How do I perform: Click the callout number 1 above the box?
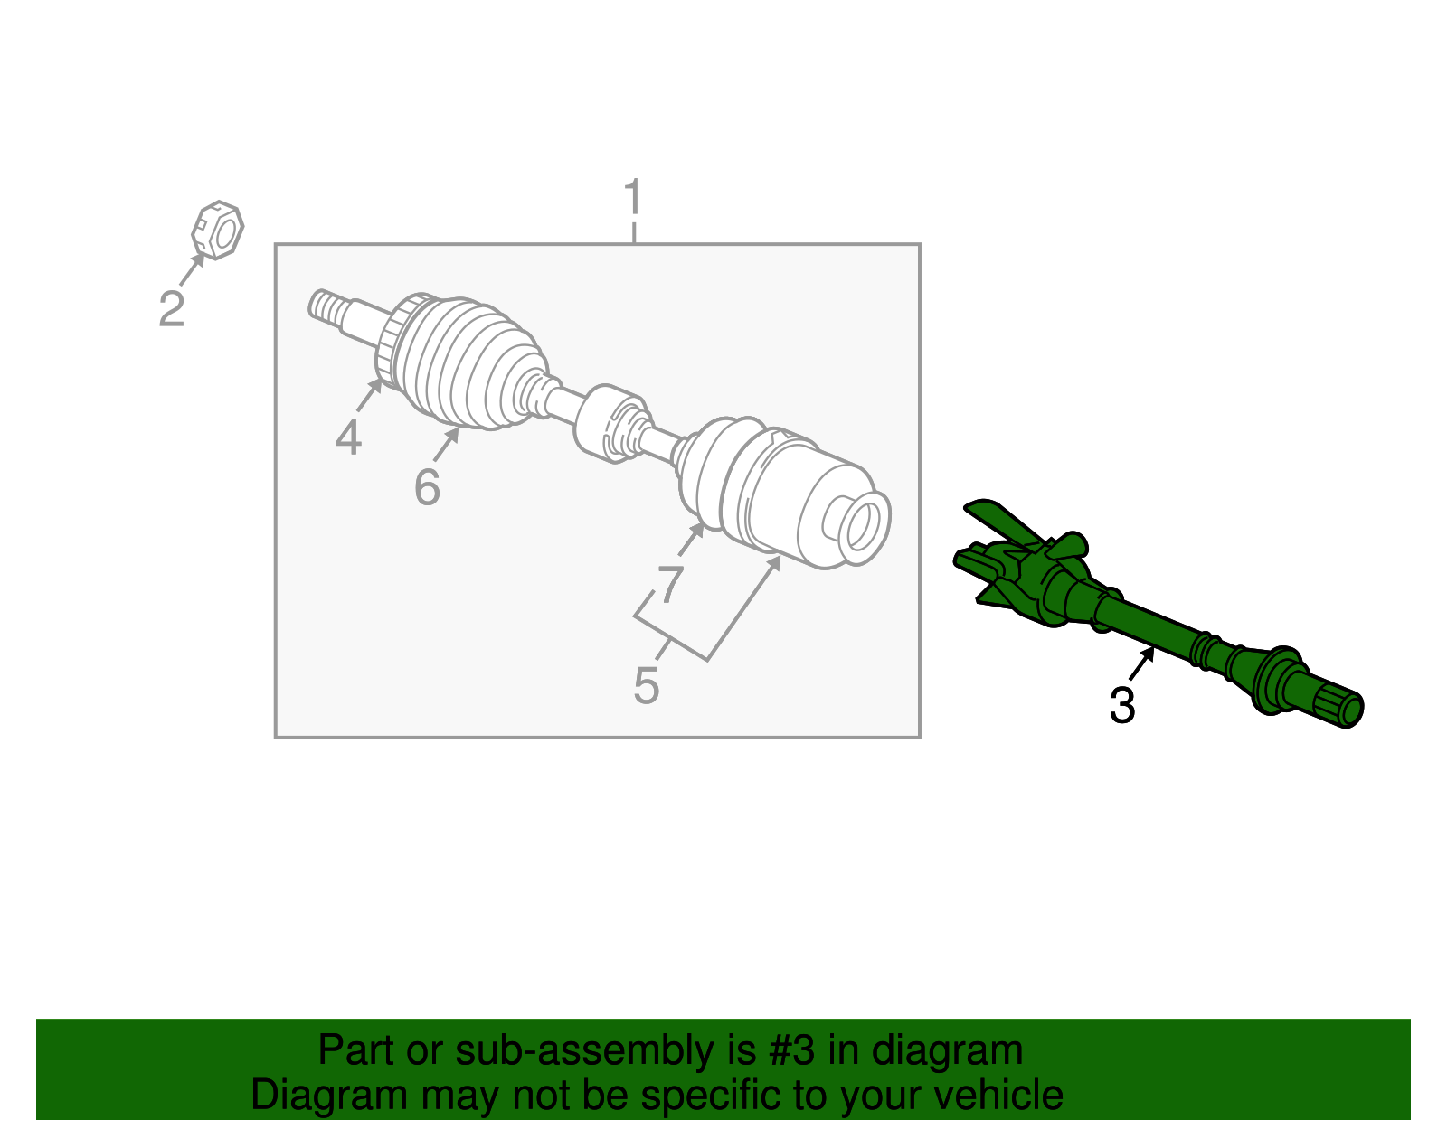click(633, 198)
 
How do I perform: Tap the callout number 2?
click(172, 309)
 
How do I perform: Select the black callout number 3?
click(1121, 706)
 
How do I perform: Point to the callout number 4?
click(348, 438)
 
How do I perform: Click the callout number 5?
click(646, 686)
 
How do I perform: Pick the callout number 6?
click(427, 488)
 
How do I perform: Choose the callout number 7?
click(669, 583)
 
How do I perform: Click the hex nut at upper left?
click(218, 231)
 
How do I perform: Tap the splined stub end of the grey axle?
click(325, 306)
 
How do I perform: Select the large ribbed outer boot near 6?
click(470, 366)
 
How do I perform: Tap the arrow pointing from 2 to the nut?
click(191, 268)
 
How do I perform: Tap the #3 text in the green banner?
click(791, 1051)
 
